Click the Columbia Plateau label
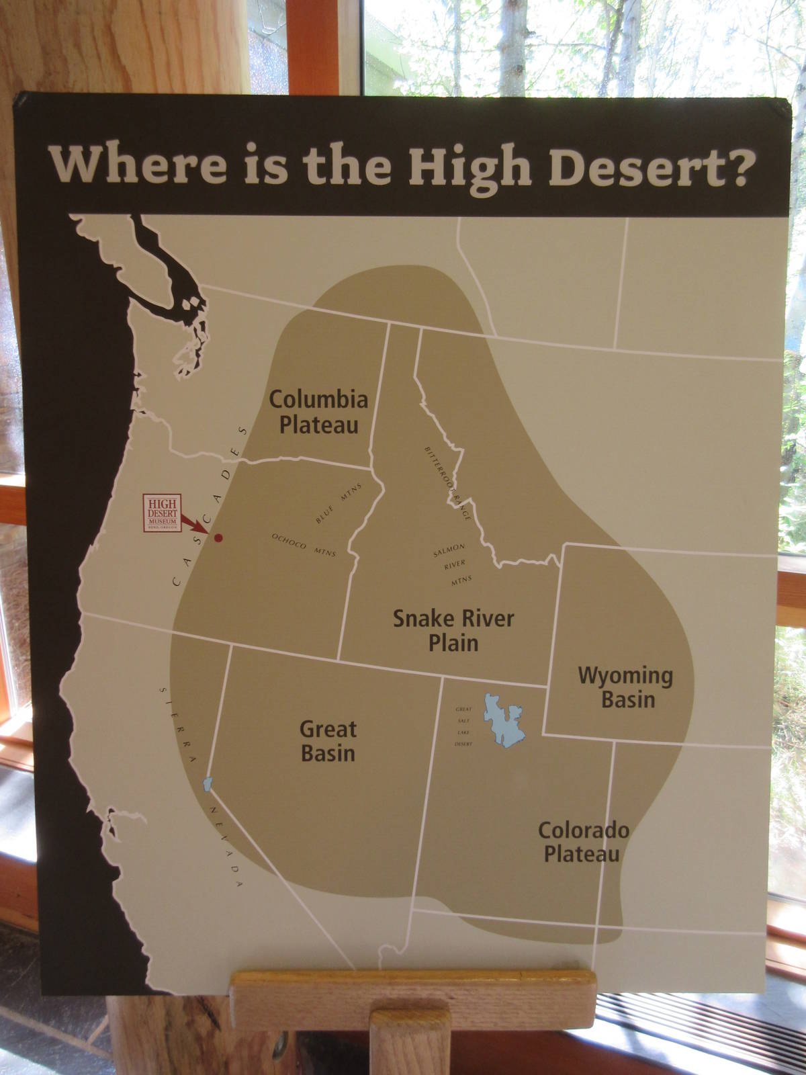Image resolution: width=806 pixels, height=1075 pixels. pyautogui.click(x=318, y=412)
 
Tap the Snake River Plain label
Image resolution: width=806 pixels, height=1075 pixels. pyautogui.click(x=453, y=630)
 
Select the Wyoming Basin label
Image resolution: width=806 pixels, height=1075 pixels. pyautogui.click(x=626, y=687)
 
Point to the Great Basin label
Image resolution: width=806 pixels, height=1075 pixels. pyautogui.click(x=328, y=741)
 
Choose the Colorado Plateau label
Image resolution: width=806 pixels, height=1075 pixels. pyautogui.click(x=583, y=842)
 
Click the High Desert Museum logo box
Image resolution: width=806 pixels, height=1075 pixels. pyautogui.click(x=162, y=513)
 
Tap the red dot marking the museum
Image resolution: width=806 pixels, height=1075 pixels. pyautogui.click(x=218, y=537)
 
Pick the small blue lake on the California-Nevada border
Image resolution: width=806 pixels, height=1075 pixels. pyautogui.click(x=208, y=783)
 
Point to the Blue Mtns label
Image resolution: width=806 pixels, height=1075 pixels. pyautogui.click(x=339, y=503)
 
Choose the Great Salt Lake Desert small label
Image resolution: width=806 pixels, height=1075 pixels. pyautogui.click(x=464, y=726)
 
